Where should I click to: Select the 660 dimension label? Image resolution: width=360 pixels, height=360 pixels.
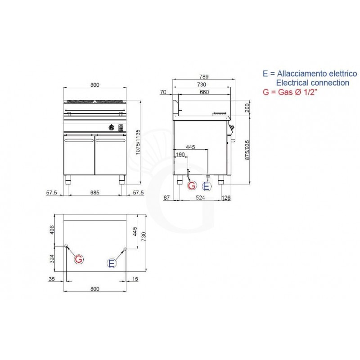[204, 92]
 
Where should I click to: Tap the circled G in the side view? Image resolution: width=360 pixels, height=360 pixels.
[192, 185]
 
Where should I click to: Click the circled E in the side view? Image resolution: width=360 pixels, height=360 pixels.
[207, 186]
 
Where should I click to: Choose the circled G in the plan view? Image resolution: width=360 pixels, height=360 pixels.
[78, 259]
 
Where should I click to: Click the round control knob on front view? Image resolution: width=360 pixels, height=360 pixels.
[111, 127]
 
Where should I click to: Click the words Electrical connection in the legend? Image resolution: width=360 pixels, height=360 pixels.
[312, 83]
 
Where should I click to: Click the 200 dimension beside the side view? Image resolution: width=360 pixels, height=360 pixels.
[246, 108]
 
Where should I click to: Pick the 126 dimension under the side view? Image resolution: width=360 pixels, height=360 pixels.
[227, 198]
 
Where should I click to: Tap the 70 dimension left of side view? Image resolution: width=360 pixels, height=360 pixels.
[163, 92]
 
